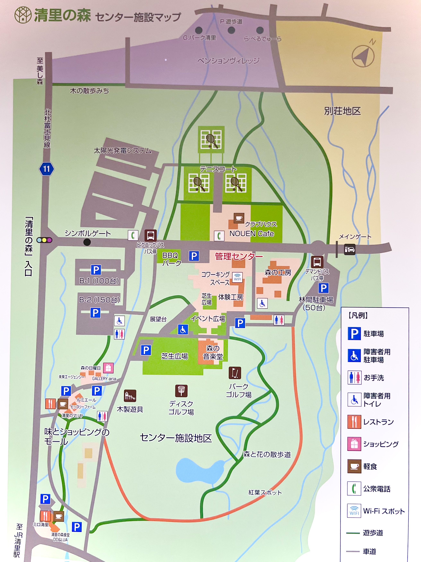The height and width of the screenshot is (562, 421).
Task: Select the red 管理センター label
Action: point(239,256)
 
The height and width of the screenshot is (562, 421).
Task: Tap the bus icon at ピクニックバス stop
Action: point(150,235)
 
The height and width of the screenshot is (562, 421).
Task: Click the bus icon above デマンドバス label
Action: point(317,262)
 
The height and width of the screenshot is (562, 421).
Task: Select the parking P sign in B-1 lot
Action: point(96,270)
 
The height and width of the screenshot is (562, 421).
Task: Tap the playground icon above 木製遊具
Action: point(130,396)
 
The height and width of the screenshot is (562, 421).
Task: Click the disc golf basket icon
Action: point(181,391)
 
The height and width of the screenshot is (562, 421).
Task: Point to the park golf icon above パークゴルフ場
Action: point(235,373)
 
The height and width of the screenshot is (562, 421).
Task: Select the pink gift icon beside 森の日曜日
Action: point(108,368)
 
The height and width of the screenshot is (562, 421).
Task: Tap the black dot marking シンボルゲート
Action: point(87,242)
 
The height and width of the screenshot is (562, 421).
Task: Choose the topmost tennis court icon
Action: point(211,139)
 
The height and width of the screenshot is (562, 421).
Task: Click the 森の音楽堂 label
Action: point(213,352)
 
